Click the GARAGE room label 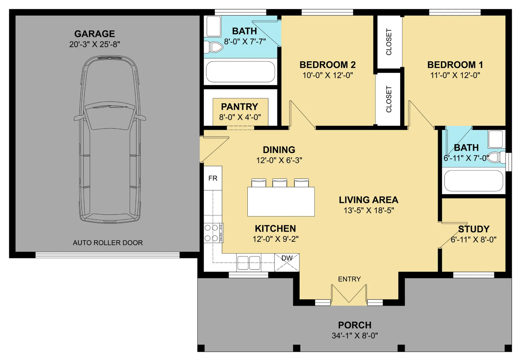point(94,34)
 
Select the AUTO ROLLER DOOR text point(108,243)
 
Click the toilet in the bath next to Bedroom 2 point(213,48)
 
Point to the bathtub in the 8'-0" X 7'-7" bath point(240,72)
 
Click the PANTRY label point(239,107)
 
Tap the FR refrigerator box point(213,178)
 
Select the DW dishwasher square point(287,262)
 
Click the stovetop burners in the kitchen point(213,233)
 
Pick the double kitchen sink point(249,262)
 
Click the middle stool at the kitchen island point(279,183)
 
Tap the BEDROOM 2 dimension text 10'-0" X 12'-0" point(328,75)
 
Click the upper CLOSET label point(389,42)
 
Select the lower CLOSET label point(389,99)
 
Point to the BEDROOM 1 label point(455,65)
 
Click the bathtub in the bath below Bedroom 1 point(473,181)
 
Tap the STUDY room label point(474,229)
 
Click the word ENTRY point(349,279)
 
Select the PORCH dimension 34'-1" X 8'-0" point(355,336)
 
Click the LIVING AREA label point(368,200)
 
